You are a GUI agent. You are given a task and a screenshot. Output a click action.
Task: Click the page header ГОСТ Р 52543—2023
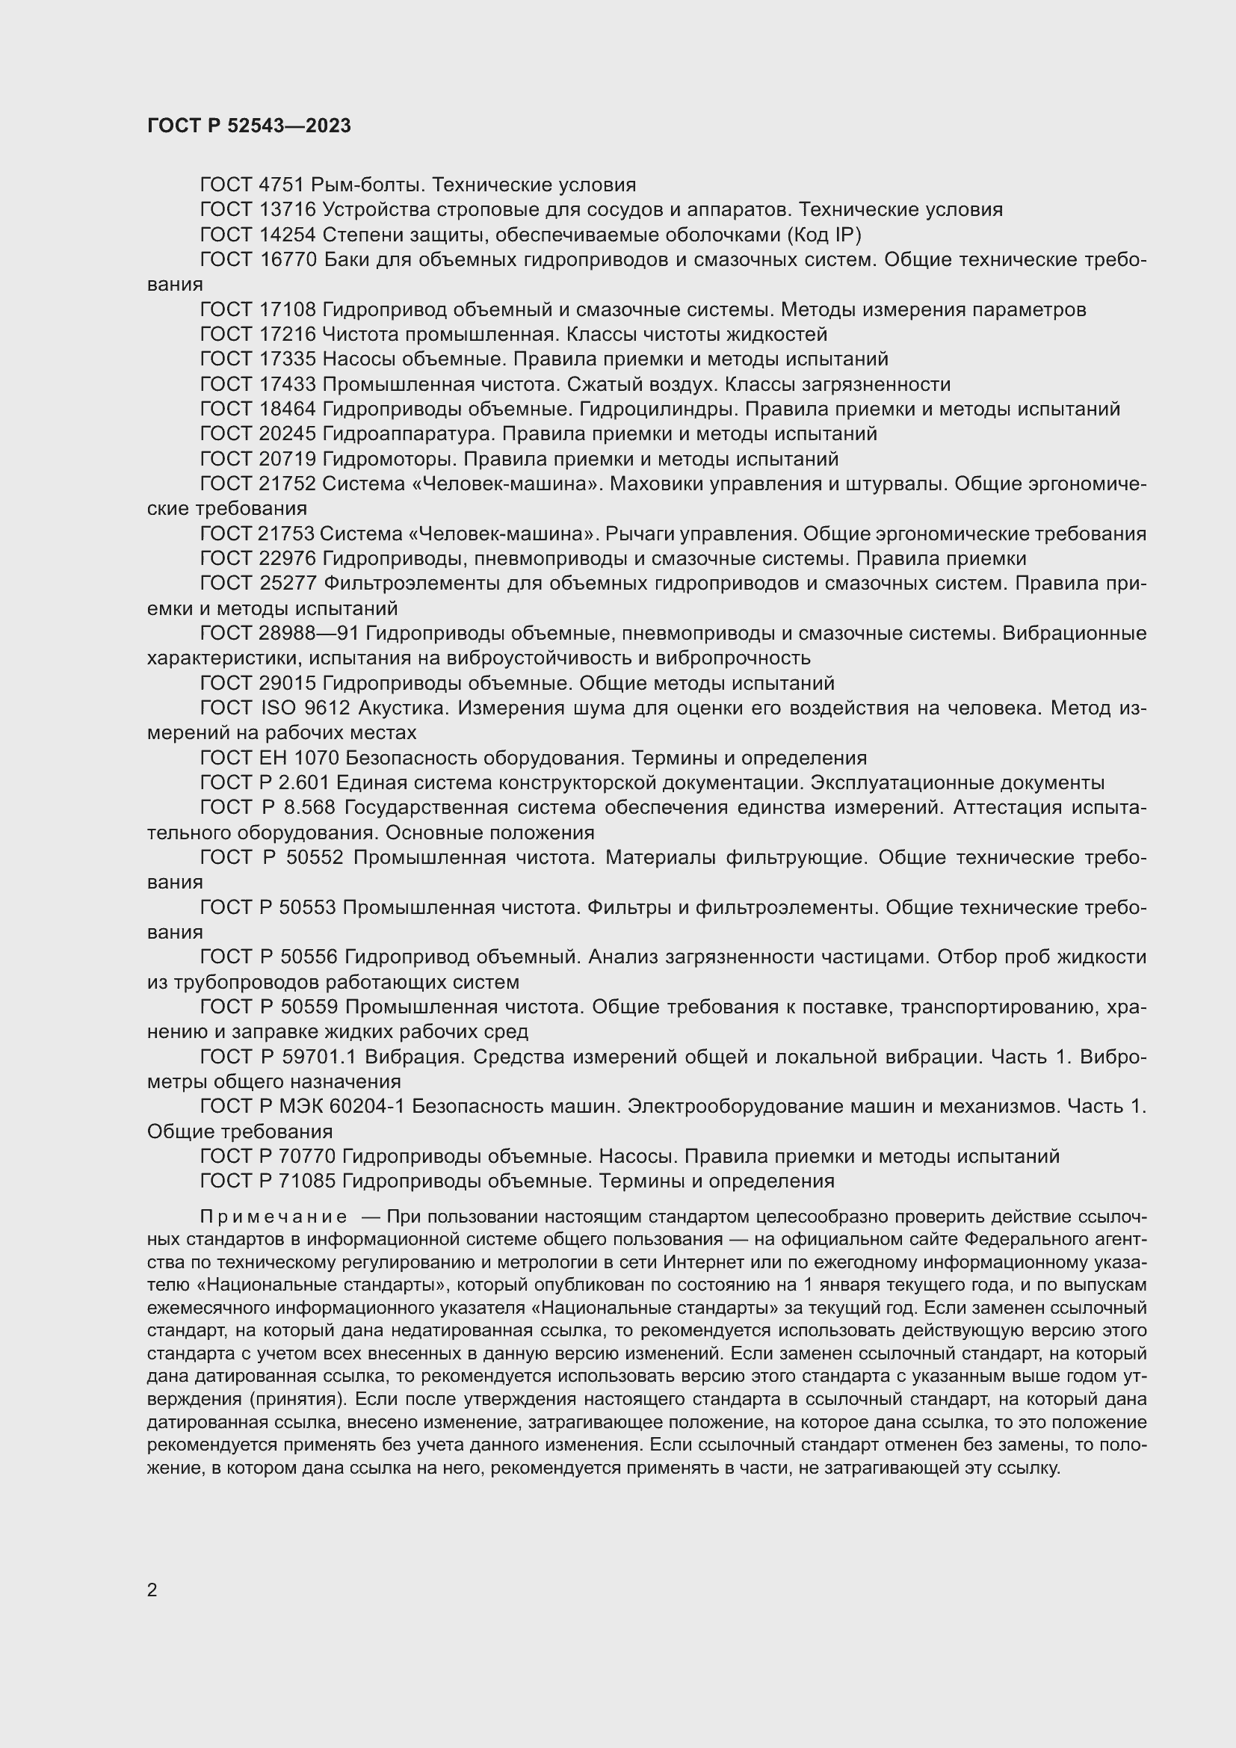click(249, 126)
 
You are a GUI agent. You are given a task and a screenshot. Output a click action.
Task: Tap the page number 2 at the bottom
click(152, 1590)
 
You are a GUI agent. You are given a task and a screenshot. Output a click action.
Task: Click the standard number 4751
click(282, 185)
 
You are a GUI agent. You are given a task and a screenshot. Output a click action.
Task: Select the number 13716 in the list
click(288, 209)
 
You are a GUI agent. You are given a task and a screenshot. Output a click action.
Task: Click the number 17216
click(288, 334)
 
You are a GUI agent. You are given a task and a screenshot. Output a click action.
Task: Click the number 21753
click(288, 534)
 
